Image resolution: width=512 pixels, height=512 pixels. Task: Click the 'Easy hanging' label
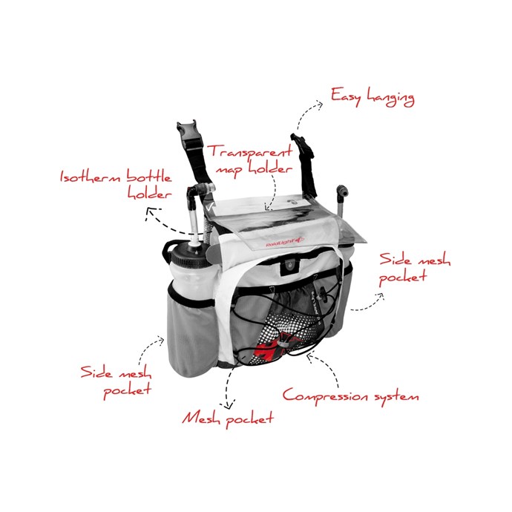click(372, 97)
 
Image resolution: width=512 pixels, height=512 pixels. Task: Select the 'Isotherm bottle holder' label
click(116, 185)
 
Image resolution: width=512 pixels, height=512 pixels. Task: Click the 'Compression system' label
click(350, 396)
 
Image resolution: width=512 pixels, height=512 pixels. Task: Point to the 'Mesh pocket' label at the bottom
click(228, 419)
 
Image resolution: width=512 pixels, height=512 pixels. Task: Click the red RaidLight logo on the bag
click(284, 243)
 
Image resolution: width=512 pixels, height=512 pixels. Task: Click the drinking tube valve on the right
click(341, 191)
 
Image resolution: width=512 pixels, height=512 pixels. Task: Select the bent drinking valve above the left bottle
click(201, 191)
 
